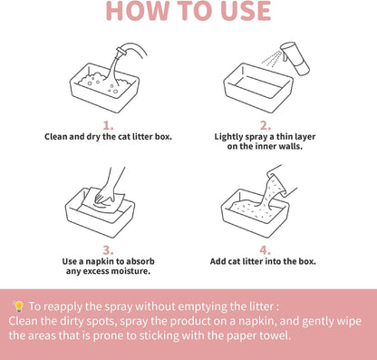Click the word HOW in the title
pos(137,11)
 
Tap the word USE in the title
pos(246,11)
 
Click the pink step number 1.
pos(108,125)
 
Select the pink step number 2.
pos(266,125)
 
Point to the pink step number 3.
pos(108,250)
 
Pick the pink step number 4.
pos(265,250)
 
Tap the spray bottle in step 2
pos(295,58)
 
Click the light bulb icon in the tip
pos(19,306)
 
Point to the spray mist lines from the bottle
pos(272,59)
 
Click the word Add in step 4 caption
pos(217,261)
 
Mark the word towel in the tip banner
pos(276,336)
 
